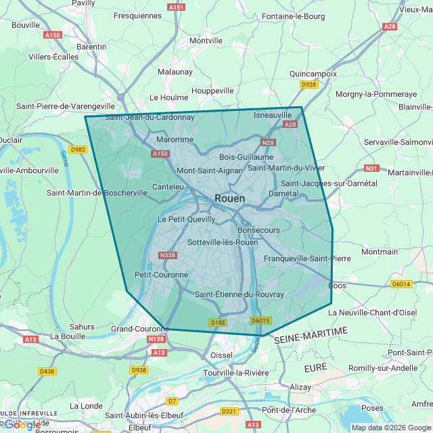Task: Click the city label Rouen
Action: pos(229,198)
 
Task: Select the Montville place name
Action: pos(206,41)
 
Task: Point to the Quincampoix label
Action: pos(312,73)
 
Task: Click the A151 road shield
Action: pos(176,7)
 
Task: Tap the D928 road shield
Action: pos(309,85)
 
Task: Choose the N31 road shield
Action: pos(371,168)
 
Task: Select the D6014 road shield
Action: pos(401,284)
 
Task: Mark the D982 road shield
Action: pos(78,150)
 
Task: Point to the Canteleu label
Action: pos(168,186)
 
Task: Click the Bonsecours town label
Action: pos(258,230)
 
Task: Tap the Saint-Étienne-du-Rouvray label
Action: pos(239,294)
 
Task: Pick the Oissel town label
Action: pos(221,355)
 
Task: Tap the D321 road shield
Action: pos(229,411)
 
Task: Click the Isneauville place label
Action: pos(273,115)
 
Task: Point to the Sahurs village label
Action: pos(82,326)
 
